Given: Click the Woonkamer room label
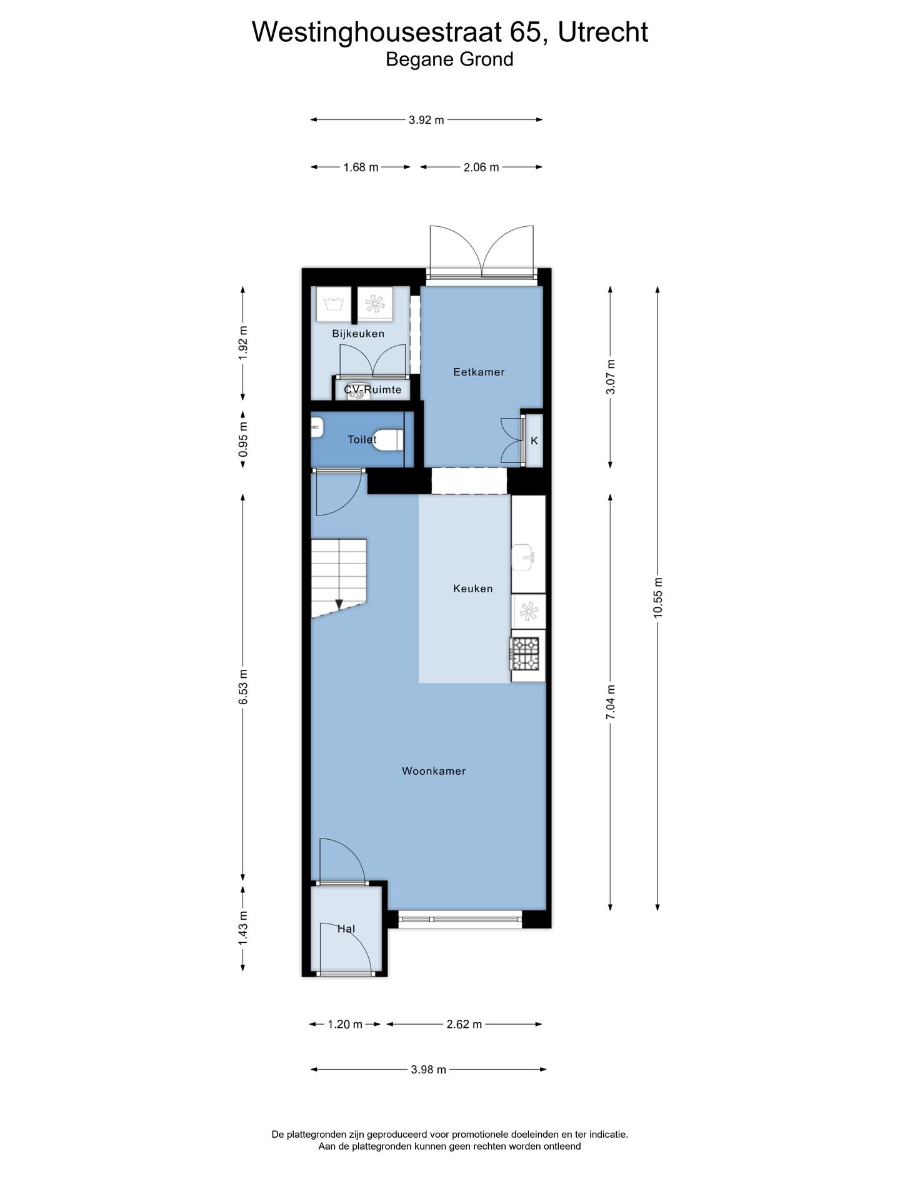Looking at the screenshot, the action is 434,771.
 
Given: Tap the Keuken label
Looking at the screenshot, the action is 473,589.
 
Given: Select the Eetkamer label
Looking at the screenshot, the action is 479,372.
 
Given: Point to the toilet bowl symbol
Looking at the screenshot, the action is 389,440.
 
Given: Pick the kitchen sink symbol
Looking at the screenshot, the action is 523,556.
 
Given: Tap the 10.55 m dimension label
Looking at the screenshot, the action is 657,598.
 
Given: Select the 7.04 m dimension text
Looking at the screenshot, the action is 611,702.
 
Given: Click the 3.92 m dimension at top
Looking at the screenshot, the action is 426,120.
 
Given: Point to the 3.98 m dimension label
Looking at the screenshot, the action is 429,1070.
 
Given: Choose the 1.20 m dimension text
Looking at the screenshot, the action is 345,1024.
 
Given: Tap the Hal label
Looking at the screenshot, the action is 346,929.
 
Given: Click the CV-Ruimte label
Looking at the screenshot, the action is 372,390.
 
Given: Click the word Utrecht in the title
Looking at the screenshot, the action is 602,32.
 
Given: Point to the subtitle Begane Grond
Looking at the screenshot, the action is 449,59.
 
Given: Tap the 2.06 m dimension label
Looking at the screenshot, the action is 481,167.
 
